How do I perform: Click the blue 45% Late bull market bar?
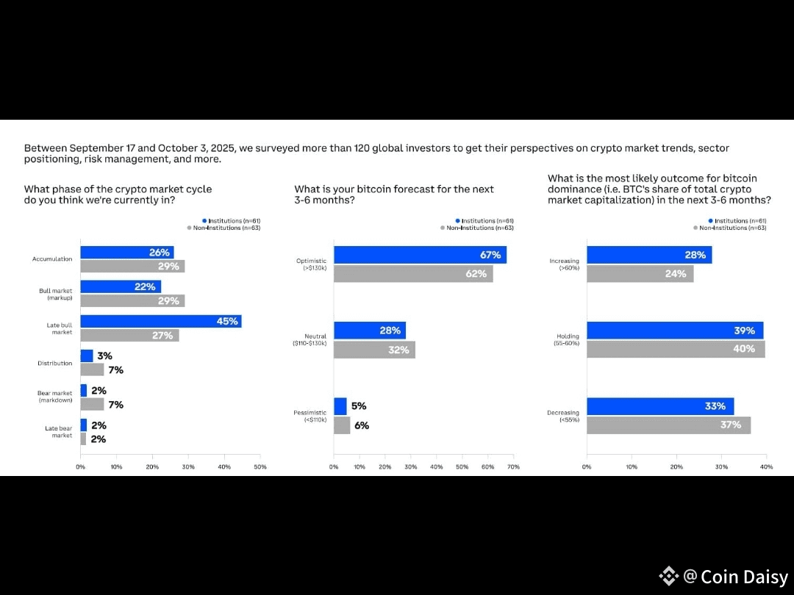[160, 321]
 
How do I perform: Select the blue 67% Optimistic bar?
[420, 255]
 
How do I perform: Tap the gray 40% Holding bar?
[676, 349]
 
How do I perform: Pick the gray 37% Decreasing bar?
[668, 425]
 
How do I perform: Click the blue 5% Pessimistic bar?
[340, 406]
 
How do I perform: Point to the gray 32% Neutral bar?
[374, 350]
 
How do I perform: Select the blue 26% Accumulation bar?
[126, 252]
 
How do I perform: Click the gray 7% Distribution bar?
[92, 369]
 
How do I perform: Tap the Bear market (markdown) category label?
[54, 397]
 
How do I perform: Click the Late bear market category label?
[57, 432]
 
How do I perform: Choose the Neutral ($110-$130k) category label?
[311, 340]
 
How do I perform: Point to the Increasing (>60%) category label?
[564, 264]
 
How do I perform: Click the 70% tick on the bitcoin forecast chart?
[513, 467]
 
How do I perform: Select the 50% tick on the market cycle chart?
[260, 467]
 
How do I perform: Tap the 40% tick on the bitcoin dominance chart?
[766, 467]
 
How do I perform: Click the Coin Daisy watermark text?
[744, 577]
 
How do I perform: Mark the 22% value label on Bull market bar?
[145, 286]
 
